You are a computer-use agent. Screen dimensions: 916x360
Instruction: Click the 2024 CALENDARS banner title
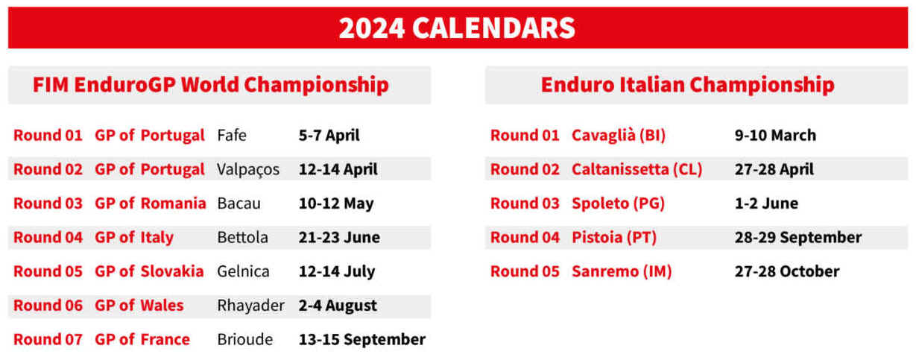(457, 28)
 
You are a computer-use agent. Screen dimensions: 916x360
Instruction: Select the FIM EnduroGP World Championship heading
(211, 85)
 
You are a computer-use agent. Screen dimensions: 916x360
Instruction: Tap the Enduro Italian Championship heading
(687, 85)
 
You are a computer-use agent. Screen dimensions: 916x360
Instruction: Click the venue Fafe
(232, 135)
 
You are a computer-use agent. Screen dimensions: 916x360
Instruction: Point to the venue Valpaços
(248, 170)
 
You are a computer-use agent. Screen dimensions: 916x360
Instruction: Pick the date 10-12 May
(336, 203)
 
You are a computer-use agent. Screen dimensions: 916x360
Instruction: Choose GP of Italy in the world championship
(134, 238)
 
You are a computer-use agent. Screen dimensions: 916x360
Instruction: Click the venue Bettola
(242, 237)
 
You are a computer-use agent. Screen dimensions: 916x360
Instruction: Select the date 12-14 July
(337, 271)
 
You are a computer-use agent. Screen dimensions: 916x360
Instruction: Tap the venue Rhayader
(250, 306)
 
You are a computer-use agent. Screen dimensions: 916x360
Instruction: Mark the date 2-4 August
(338, 306)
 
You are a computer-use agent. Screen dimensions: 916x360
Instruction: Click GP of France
(142, 339)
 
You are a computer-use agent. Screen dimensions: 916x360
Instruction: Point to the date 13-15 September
(362, 340)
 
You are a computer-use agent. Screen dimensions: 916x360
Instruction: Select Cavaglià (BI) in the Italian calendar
(619, 135)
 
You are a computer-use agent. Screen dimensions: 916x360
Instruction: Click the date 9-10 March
(775, 135)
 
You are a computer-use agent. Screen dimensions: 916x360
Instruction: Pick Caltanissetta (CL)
(637, 169)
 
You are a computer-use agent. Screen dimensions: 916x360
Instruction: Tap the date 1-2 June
(766, 203)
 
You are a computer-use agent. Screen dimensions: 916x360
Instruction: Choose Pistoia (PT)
(614, 237)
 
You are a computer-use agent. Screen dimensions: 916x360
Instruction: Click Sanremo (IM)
(622, 271)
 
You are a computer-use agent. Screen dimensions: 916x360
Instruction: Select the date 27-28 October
(787, 271)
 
